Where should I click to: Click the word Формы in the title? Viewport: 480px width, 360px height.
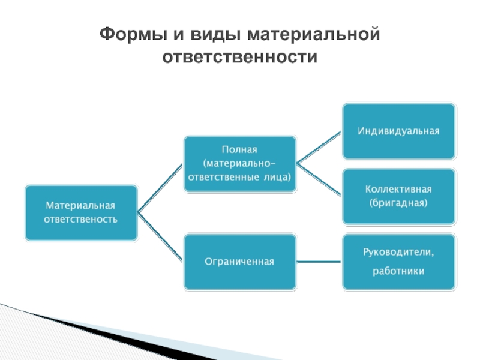pos(133,34)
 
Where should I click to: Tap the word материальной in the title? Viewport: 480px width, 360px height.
pos(314,34)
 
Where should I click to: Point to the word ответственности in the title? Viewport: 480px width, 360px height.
pos(239,56)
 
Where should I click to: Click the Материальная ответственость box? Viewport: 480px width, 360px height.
pos(81,213)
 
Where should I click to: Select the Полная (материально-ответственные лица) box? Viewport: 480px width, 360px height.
pos(240,164)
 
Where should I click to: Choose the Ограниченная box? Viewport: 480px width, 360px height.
pos(240,262)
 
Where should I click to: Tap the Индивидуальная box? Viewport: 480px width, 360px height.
pos(399,131)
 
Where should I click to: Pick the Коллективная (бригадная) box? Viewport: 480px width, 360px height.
pos(399,196)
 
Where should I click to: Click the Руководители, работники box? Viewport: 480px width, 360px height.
pos(399,262)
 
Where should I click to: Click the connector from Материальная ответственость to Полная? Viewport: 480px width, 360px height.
pos(160,188)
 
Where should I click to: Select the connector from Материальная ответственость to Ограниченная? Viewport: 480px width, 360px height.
pos(160,236)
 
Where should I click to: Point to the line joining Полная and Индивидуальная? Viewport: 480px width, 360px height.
pos(319,148)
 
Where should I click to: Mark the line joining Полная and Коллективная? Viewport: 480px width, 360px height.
pos(319,179)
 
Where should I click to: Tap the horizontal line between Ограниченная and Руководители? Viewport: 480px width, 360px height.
pos(319,262)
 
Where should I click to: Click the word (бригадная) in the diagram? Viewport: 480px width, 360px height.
pos(398,203)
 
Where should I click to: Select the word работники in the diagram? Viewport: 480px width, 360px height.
pos(398,271)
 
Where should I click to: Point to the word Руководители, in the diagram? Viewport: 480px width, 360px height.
pos(398,252)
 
